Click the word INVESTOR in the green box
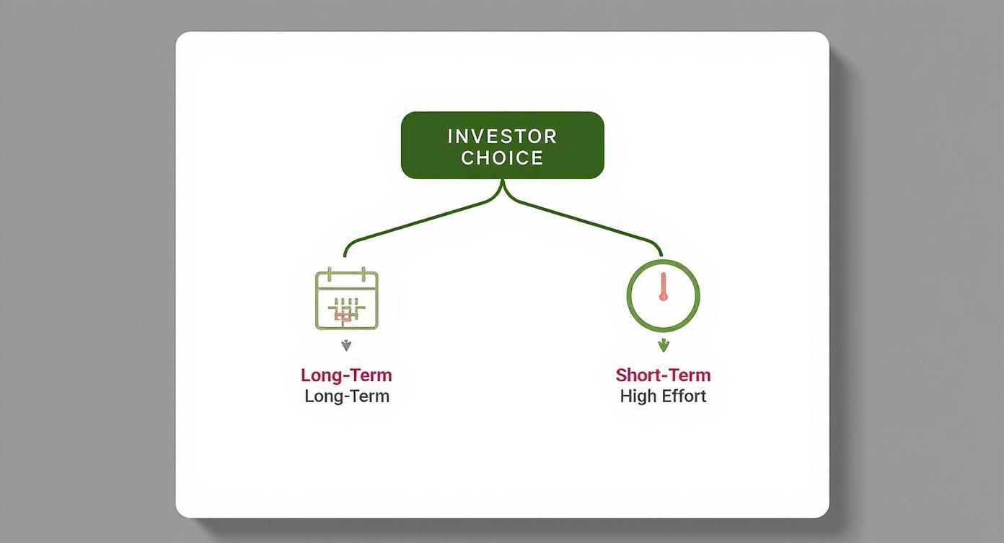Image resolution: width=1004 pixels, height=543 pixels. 502,136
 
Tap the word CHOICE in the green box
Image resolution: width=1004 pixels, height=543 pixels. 502,158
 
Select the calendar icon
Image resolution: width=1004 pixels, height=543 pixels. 347,299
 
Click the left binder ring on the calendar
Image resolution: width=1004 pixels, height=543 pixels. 329,275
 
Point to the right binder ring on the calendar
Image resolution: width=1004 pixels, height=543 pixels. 365,275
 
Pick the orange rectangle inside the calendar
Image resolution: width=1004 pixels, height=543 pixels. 343,316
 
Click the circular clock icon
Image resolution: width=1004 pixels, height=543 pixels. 663,295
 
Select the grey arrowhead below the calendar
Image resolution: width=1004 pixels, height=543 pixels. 346,345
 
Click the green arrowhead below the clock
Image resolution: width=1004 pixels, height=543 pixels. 664,345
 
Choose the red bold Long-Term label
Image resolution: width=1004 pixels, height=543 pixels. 346,375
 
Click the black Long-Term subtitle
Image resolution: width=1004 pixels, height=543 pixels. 347,396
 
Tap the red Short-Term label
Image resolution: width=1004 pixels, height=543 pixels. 663,375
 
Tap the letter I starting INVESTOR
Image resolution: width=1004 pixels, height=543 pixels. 450,136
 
